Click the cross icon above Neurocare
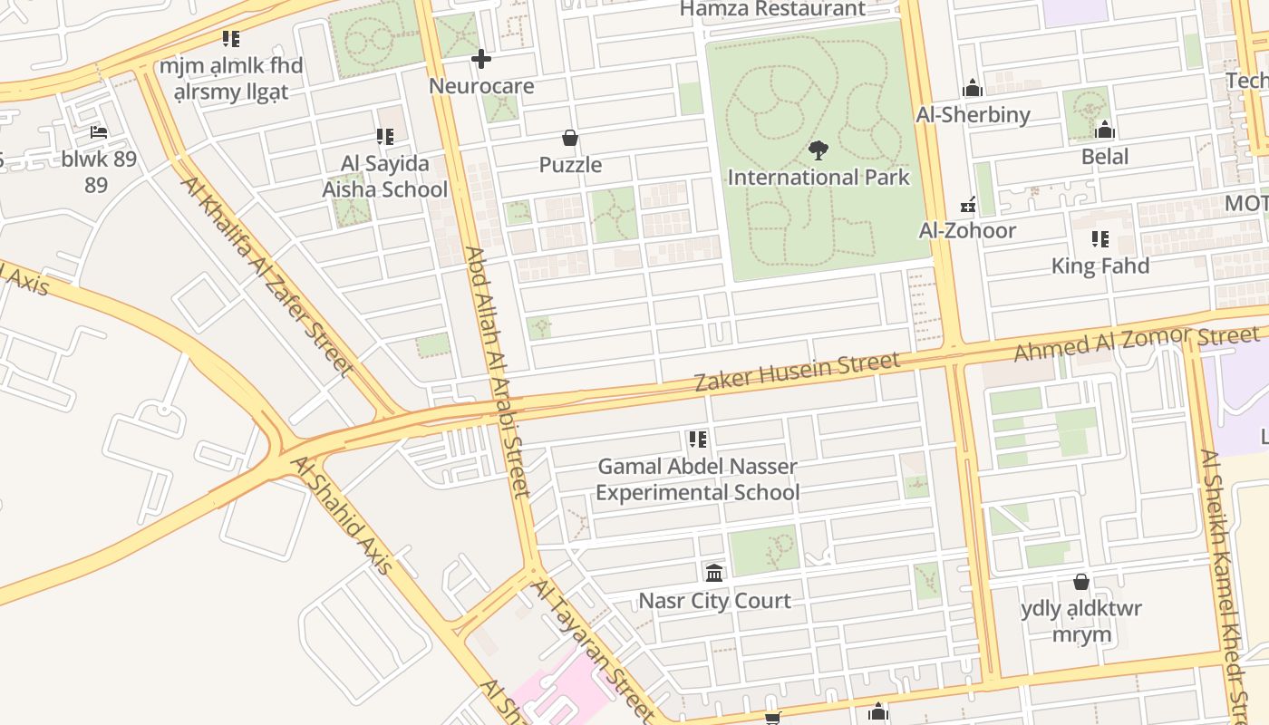tap(481, 60)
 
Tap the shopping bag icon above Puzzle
tap(570, 139)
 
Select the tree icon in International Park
tap(819, 150)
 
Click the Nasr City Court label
tap(714, 601)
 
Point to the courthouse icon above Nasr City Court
tap(714, 573)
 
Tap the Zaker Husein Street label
tap(798, 372)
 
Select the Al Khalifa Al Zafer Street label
tap(266, 275)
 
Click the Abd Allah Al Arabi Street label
tap(497, 372)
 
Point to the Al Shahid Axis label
tap(342, 514)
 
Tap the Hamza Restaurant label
tap(772, 9)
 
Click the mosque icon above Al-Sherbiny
tap(973, 88)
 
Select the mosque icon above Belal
tap(1105, 130)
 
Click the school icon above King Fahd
tap(1099, 239)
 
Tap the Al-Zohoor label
tap(967, 230)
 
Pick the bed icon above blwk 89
tap(99, 132)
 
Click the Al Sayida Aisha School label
tap(384, 177)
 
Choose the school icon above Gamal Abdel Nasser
tap(697, 440)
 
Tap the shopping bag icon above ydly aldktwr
tap(1080, 581)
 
